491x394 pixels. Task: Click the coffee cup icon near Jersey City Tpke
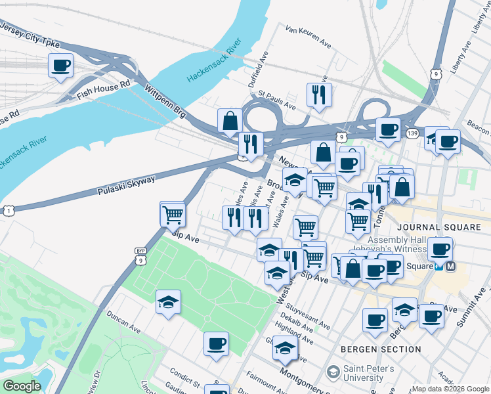pyautogui.click(x=60, y=65)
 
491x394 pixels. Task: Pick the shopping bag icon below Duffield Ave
pyautogui.click(x=230, y=121)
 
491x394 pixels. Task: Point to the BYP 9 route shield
pyautogui.click(x=140, y=256)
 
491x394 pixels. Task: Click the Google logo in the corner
pyautogui.click(x=22, y=387)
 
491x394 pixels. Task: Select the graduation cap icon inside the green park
pyautogui.click(x=169, y=302)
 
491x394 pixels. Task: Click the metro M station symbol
pyautogui.click(x=450, y=267)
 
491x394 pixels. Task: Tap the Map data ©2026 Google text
pyautogui.click(x=450, y=389)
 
